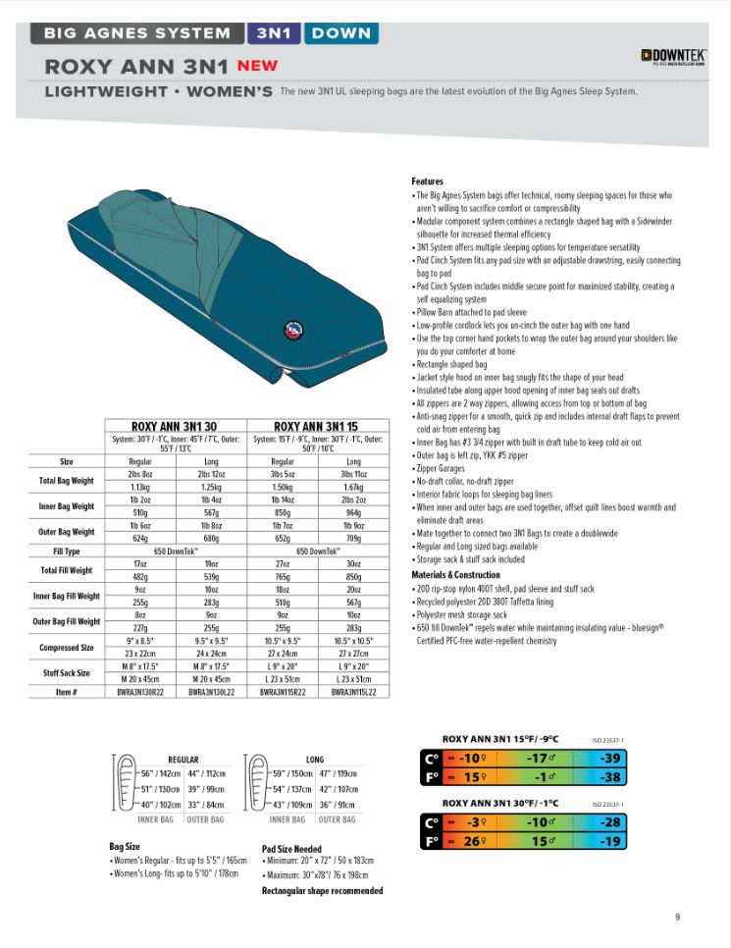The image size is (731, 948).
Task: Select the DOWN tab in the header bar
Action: click(x=340, y=32)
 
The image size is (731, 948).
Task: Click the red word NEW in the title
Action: click(x=257, y=66)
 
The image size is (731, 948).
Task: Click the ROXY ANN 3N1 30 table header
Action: click(x=175, y=426)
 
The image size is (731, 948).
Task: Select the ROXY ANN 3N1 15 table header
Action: click(x=317, y=426)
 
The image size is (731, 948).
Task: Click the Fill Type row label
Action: click(x=67, y=552)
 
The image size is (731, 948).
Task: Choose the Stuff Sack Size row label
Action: click(x=65, y=672)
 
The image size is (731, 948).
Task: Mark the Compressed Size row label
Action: click(x=67, y=648)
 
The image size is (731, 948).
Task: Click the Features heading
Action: click(x=427, y=182)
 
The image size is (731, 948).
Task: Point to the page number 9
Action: click(x=677, y=918)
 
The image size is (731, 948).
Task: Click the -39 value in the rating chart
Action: click(x=611, y=758)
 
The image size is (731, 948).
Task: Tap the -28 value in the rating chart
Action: click(x=611, y=822)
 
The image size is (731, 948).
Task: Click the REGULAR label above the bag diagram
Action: click(x=183, y=760)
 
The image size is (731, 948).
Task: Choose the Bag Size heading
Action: click(x=125, y=845)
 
